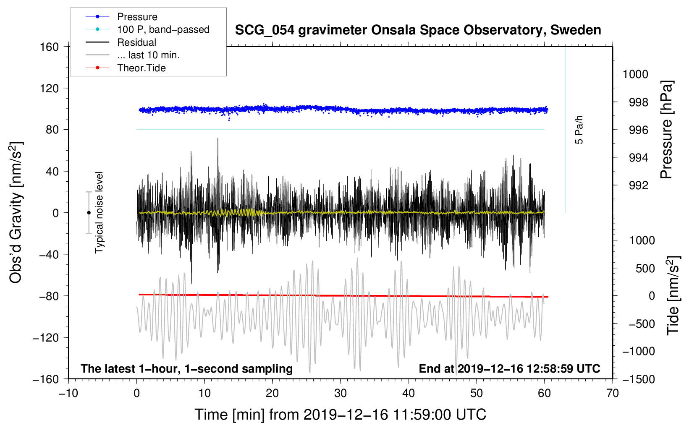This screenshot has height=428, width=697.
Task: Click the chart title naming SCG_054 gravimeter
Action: coord(418,30)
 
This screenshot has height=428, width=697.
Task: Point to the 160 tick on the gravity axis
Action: coord(50,47)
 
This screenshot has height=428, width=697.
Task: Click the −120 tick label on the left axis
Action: coord(46,337)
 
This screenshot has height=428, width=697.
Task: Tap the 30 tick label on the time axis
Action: coord(341,394)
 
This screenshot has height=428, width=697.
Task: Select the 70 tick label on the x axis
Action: coord(612,394)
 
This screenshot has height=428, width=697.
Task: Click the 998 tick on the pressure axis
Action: coord(639,102)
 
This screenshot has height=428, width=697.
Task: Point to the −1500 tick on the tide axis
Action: coord(639,379)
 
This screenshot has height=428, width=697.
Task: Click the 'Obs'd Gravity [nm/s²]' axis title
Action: coord(16,213)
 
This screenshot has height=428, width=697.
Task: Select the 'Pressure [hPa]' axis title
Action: coord(666,130)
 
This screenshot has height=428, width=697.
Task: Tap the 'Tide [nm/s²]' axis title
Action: coord(673,295)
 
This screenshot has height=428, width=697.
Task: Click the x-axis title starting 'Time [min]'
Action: coord(341,415)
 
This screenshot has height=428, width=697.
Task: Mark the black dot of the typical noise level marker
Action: coord(89,213)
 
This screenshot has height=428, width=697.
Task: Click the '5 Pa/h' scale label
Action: coord(579,130)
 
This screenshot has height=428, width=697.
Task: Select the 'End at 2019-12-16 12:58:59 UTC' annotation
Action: coord(509,368)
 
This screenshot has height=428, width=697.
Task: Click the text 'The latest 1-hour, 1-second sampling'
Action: coord(187,369)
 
